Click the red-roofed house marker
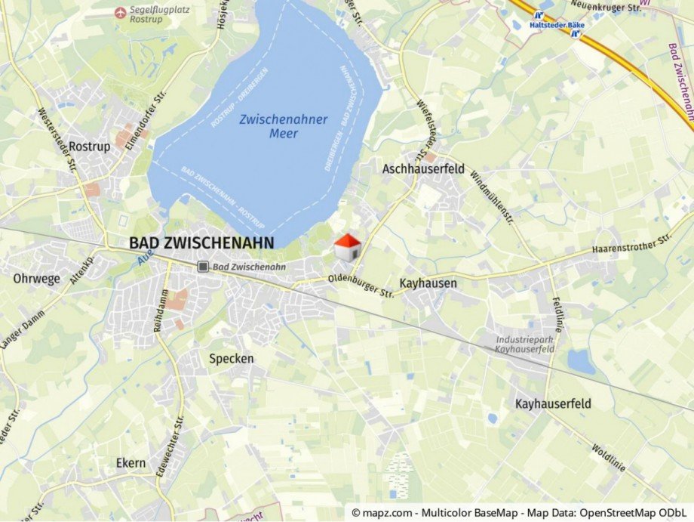click(x=347, y=247)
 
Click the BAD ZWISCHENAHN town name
click(x=201, y=242)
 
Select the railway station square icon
click(x=203, y=267)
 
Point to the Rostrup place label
click(x=89, y=147)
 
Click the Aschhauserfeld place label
click(x=423, y=169)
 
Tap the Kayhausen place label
click(x=428, y=283)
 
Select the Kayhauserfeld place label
click(x=553, y=403)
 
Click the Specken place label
click(x=232, y=358)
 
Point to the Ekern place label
click(x=131, y=462)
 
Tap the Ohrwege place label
click(x=36, y=279)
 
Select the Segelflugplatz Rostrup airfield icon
click(x=120, y=12)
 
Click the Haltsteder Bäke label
click(x=557, y=25)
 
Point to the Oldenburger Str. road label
click(x=361, y=286)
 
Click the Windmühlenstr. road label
click(x=492, y=196)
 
